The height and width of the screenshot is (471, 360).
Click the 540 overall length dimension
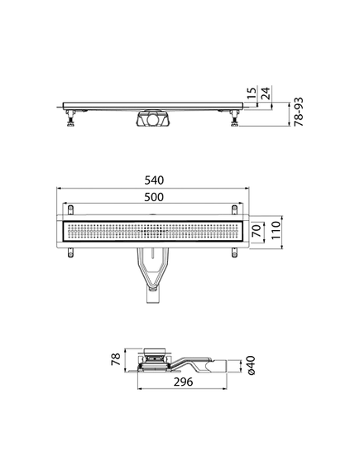(x=154, y=180)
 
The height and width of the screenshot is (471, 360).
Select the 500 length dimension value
(x=154, y=197)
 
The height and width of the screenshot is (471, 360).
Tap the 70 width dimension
(x=257, y=232)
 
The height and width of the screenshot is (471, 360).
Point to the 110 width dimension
(x=276, y=230)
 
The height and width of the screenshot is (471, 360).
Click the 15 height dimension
(x=252, y=93)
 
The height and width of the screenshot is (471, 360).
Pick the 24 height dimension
(x=266, y=93)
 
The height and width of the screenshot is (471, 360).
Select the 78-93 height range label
(x=299, y=112)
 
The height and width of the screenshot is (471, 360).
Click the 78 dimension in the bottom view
(x=116, y=359)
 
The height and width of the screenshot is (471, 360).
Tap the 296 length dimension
(x=184, y=382)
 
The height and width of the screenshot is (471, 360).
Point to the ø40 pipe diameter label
(x=251, y=365)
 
